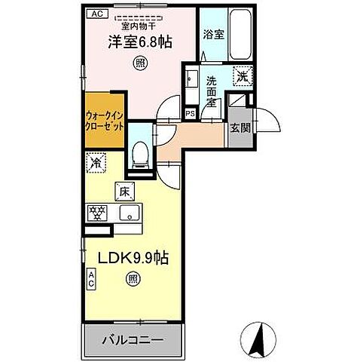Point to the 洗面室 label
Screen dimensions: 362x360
pos(212,92)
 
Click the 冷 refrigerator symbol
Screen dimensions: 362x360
pos(96,161)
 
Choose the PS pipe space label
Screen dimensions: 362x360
pos(189,113)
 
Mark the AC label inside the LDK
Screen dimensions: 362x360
pos(90,281)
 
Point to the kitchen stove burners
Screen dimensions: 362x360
pos(97,213)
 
